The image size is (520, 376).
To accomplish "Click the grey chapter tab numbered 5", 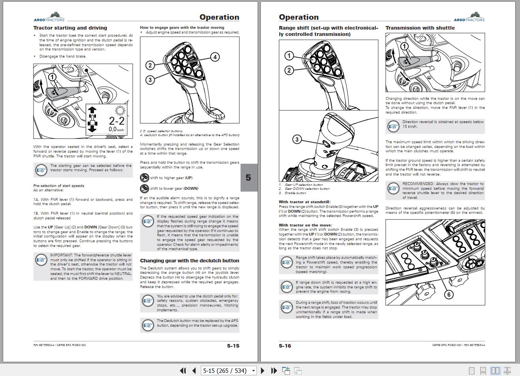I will (249, 178).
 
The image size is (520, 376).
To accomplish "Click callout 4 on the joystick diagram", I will (215, 57).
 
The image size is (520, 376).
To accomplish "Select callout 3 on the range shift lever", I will (297, 139).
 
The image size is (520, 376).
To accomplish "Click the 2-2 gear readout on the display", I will (116, 121).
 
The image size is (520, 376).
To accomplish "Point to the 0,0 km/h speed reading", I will (116, 129).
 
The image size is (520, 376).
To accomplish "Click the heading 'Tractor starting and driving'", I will (70, 28).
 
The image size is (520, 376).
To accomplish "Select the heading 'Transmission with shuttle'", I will (420, 28).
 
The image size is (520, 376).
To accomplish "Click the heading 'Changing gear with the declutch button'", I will (189, 261).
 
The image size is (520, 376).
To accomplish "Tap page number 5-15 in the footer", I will (233, 346).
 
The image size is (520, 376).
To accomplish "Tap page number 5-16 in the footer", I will (285, 346).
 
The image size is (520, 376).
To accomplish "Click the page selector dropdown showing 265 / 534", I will (228, 370).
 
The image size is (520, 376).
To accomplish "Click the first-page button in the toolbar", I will (183, 370).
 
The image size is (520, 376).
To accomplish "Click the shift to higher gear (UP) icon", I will (144, 178).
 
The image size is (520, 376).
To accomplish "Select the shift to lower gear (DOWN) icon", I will (144, 188).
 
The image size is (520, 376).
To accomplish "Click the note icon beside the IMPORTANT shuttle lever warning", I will (41, 260).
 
